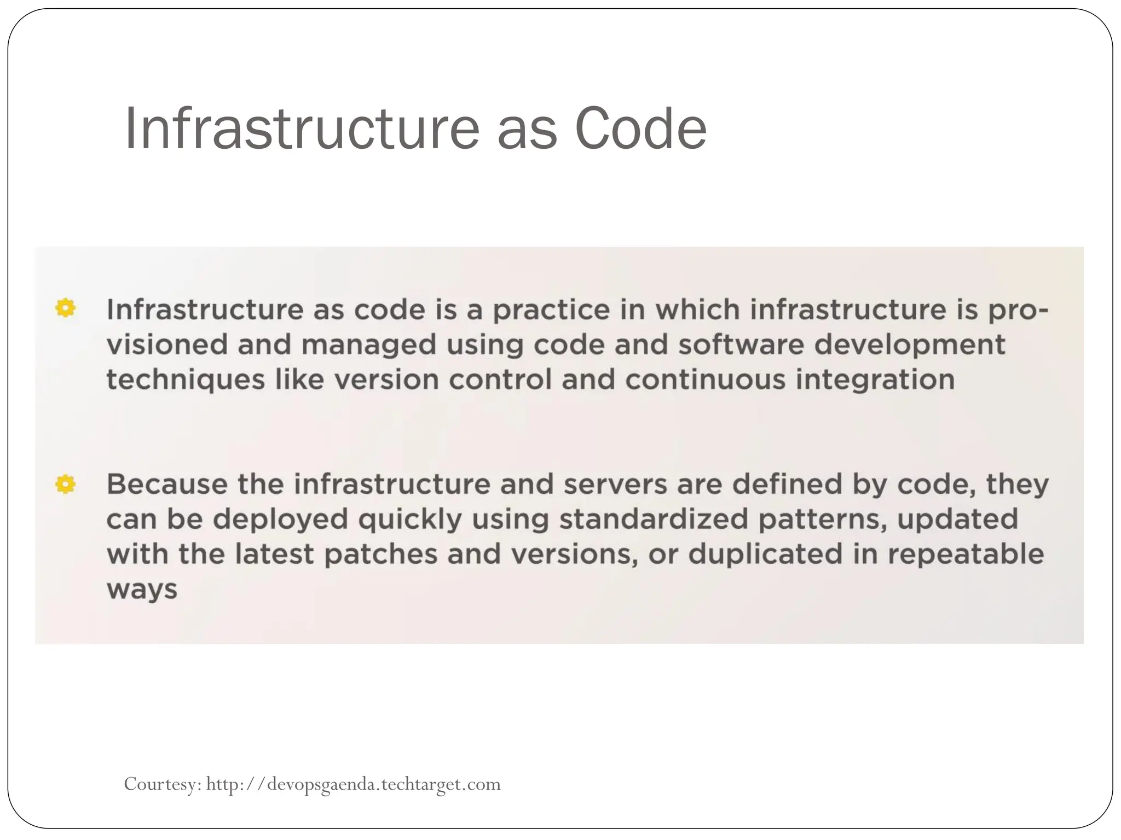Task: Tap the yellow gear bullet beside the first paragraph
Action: (x=65, y=308)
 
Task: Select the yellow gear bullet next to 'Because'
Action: (x=65, y=484)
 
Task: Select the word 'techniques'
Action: (x=186, y=380)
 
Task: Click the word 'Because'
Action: (x=167, y=484)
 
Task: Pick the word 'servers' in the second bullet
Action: (x=615, y=484)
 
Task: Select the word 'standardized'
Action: (x=653, y=519)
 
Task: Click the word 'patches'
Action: (x=381, y=554)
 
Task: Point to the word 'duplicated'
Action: (x=766, y=554)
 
